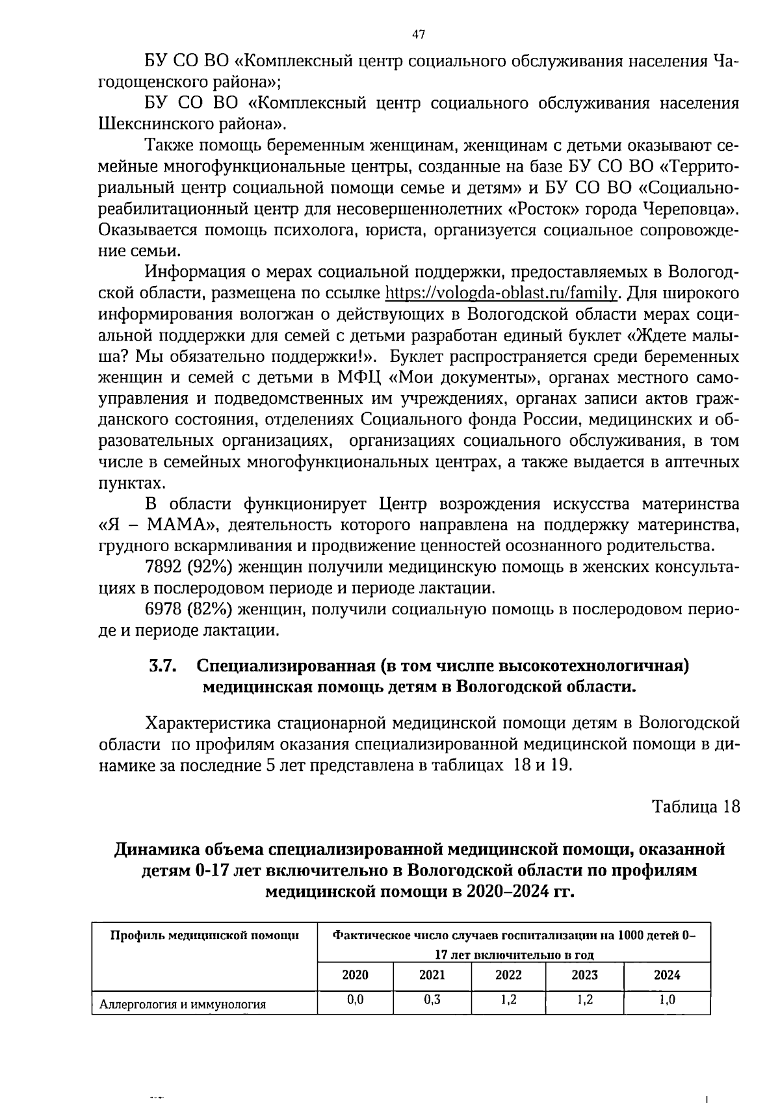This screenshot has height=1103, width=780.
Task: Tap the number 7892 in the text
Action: click(164, 567)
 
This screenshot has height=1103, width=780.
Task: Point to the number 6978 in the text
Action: click(164, 609)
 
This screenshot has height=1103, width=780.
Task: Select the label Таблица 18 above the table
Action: click(695, 807)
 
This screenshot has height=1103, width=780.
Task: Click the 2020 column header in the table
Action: click(355, 975)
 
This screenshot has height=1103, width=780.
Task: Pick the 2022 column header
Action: click(508, 975)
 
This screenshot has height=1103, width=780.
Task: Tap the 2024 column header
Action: click(667, 975)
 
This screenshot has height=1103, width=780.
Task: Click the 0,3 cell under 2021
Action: click(432, 1000)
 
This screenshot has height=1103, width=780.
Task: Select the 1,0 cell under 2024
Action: click(667, 1000)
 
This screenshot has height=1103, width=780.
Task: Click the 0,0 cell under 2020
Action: click(355, 1000)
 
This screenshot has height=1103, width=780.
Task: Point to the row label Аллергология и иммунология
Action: click(183, 1004)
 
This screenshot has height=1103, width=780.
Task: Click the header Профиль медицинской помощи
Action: click(205, 935)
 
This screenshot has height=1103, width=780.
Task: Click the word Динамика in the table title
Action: click(155, 849)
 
